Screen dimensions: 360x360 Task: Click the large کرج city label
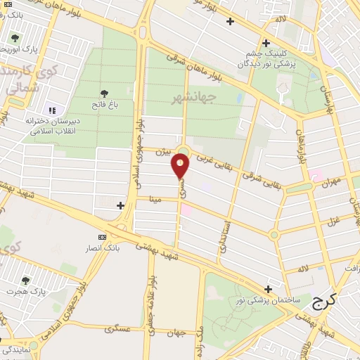[x=323, y=300]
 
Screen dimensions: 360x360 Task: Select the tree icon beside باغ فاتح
[x=105, y=94]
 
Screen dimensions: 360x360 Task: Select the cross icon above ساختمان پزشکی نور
[x=268, y=288]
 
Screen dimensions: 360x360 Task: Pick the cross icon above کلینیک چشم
[x=266, y=41]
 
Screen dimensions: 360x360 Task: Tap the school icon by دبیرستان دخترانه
[x=51, y=110]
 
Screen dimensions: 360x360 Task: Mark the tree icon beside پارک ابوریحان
[x=15, y=38]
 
